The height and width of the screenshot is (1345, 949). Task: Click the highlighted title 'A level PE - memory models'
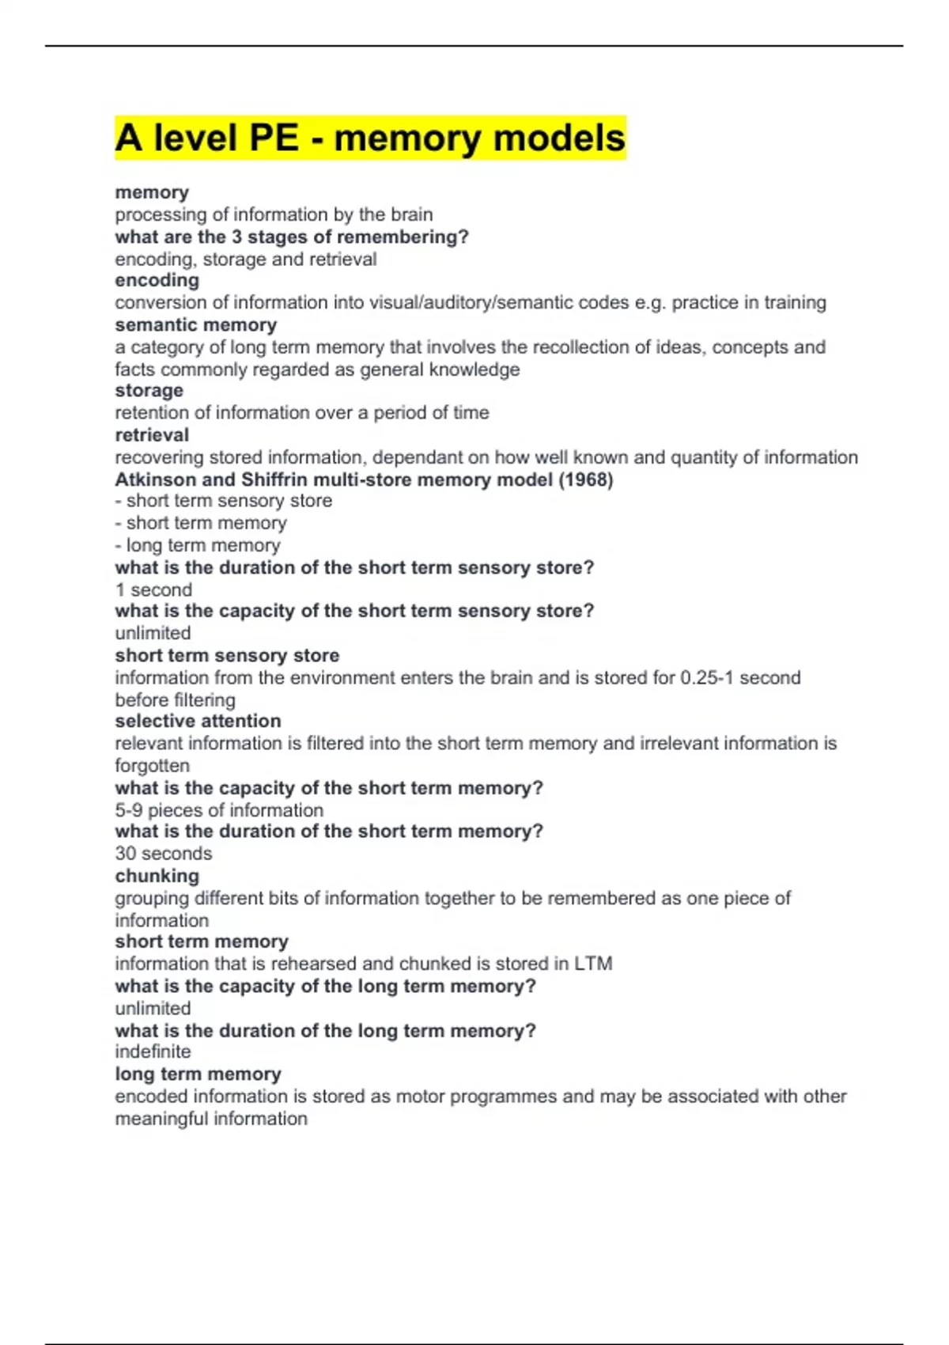[370, 138]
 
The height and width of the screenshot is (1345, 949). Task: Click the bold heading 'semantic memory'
[195, 324]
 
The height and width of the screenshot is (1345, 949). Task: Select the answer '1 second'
[153, 589]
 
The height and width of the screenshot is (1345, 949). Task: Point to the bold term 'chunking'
[157, 876]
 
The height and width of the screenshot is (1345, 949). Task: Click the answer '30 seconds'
[163, 853]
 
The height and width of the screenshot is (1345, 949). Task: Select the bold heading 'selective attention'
[198, 721]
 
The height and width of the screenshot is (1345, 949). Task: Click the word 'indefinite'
[153, 1051]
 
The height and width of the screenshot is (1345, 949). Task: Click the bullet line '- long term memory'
[198, 545]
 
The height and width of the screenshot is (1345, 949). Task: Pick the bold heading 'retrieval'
[152, 435]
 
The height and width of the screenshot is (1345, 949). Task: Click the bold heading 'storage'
[149, 391]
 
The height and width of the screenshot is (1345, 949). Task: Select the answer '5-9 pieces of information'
[219, 810]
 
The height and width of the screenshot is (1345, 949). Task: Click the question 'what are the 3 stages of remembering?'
[292, 237]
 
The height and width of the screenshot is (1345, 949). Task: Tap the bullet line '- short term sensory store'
[223, 501]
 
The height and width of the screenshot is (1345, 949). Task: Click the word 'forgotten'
[152, 765]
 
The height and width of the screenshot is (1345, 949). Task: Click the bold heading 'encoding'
[157, 280]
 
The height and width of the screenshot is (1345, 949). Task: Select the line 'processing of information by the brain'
[274, 214]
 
